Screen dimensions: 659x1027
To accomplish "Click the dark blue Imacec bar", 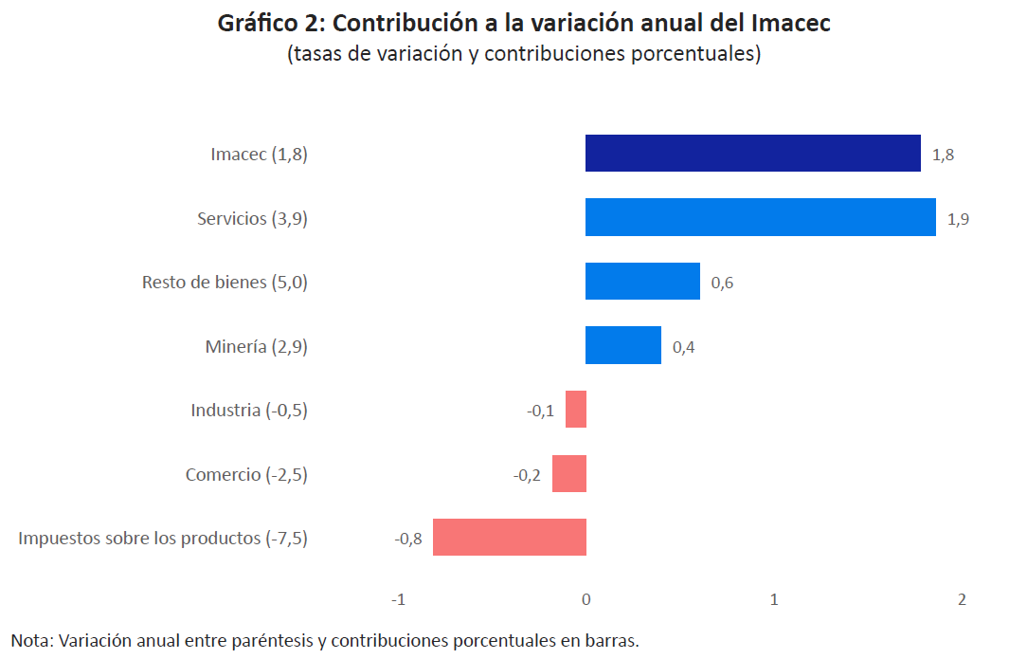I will point(752,154).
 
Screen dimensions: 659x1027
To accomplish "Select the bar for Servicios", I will point(760,217).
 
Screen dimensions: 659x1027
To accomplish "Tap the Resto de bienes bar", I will point(642,282).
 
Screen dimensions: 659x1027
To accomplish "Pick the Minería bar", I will point(622,345).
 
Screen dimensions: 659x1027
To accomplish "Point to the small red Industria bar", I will point(576,410).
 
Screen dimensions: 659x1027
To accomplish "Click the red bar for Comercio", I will point(569,473).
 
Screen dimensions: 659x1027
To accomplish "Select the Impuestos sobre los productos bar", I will point(510,538).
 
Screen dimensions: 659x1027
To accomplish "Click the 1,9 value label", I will point(958,219).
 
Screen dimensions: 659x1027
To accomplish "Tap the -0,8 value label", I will point(408,540).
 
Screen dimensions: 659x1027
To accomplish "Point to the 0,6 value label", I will point(722,284).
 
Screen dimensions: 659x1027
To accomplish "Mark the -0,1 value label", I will point(541,412).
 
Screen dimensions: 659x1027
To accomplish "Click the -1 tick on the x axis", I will point(398,600).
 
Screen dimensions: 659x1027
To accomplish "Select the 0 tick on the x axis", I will point(586,600).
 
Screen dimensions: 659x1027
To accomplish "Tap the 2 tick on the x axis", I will point(962,600).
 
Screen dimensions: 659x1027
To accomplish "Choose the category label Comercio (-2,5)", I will point(246,474).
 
